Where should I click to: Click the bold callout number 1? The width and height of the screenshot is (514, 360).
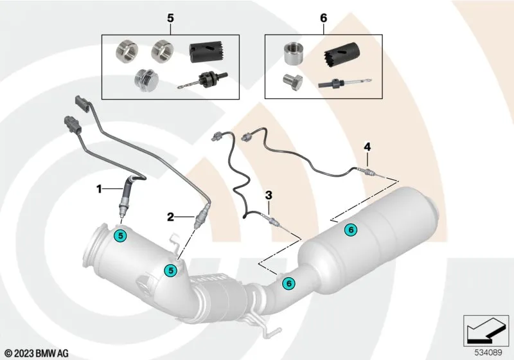[x=99, y=189]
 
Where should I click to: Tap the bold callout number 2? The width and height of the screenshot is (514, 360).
[x=170, y=217]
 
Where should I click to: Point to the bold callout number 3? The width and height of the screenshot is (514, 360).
[x=269, y=195]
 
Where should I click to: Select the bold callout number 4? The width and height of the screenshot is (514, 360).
[x=368, y=147]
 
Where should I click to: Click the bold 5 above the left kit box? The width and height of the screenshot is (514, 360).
[x=170, y=19]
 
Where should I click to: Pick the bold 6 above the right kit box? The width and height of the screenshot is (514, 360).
[x=324, y=19]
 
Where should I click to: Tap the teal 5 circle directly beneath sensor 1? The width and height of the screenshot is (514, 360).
[x=121, y=235]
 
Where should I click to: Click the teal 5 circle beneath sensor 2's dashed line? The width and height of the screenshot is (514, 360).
[x=170, y=270]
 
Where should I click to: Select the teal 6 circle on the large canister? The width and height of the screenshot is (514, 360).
[x=351, y=230]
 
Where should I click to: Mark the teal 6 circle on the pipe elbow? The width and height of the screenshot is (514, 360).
[x=288, y=283]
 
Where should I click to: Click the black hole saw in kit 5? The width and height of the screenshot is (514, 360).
[x=206, y=53]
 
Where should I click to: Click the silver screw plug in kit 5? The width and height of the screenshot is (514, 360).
[x=146, y=80]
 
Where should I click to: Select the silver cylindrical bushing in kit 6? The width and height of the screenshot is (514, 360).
[x=293, y=53]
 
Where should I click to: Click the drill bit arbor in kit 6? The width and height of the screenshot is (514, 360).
[x=345, y=83]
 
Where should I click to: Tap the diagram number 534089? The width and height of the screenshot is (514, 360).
[x=488, y=353]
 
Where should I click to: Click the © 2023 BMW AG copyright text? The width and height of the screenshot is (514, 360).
[x=37, y=353]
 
